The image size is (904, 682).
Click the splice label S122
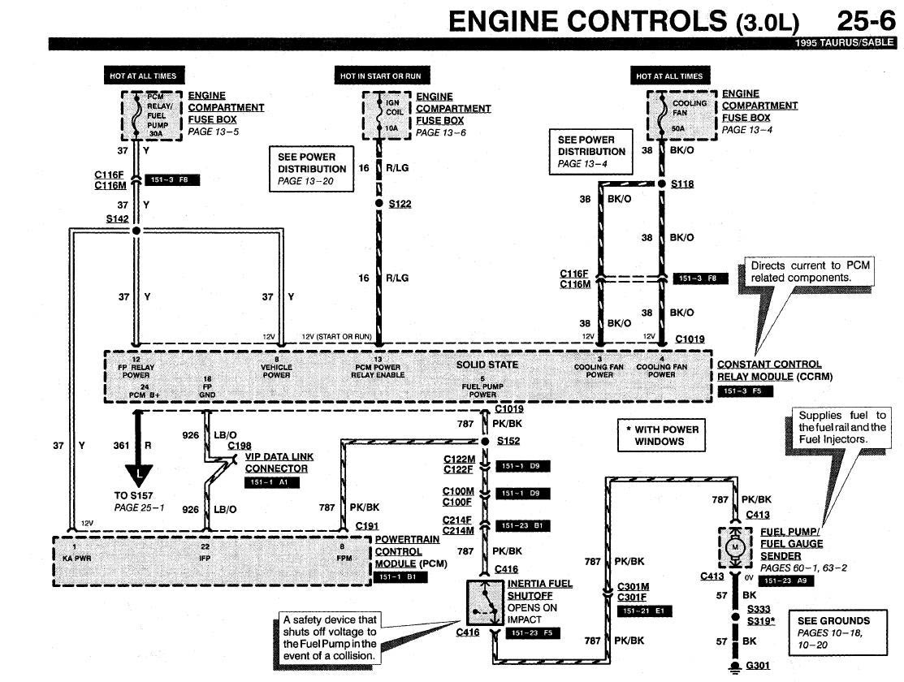(x=400, y=204)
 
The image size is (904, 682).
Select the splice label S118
(x=682, y=184)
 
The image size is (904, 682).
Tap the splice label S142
(x=117, y=219)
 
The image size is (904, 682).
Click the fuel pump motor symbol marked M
(x=737, y=546)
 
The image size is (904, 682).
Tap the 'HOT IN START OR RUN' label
(x=381, y=76)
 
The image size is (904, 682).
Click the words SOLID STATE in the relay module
(x=487, y=365)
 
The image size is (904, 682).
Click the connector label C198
(x=240, y=446)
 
